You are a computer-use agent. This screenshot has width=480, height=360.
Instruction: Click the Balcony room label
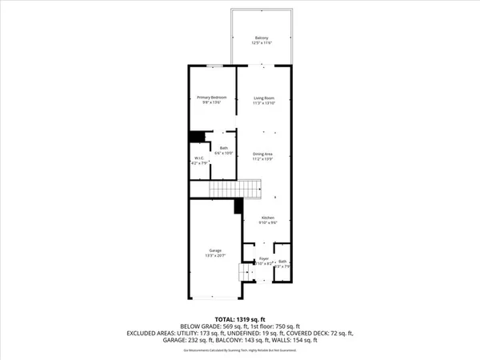pyautogui.click(x=262, y=37)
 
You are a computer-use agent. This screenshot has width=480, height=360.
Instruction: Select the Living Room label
pyautogui.click(x=264, y=98)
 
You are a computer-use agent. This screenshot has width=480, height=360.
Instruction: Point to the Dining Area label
pyautogui.click(x=264, y=154)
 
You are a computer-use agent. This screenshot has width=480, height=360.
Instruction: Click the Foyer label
pyautogui.click(x=264, y=259)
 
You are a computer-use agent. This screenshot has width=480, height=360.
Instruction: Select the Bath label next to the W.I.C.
pyautogui.click(x=224, y=147)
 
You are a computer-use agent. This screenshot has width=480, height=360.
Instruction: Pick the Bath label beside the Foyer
pyautogui.click(x=282, y=262)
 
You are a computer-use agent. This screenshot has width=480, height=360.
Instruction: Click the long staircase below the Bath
pyautogui.click(x=237, y=190)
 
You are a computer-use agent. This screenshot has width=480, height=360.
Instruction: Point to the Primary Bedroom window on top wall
pyautogui.click(x=214, y=66)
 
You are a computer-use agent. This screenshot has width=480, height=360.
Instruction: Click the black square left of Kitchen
pyautogui.click(x=238, y=206)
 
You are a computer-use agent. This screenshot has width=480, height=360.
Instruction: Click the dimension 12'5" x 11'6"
pyautogui.click(x=262, y=42)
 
